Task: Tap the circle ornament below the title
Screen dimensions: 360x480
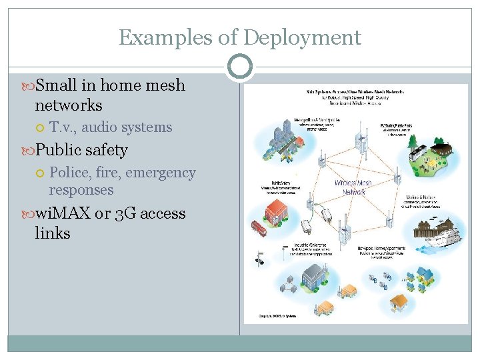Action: [239, 67]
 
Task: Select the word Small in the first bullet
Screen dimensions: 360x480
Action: [57, 85]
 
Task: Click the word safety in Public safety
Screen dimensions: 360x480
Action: [106, 150]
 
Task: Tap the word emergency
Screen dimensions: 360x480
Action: [161, 173]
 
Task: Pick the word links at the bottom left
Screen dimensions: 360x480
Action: [53, 233]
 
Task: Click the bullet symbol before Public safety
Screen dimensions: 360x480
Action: [27, 151]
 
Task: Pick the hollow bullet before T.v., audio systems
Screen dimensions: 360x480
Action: [41, 127]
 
